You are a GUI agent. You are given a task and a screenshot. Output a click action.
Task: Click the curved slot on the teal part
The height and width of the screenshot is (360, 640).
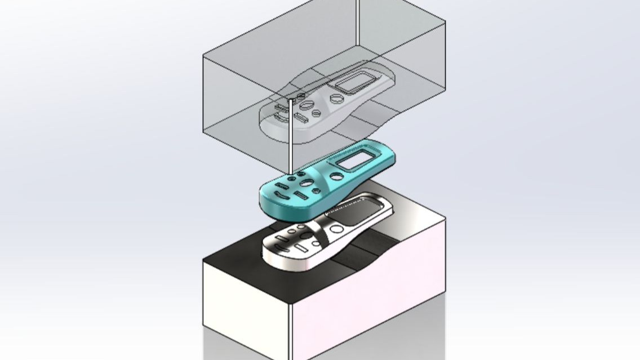coord(283,197)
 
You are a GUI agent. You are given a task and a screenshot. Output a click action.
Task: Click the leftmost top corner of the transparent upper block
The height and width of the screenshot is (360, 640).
coord(203,55)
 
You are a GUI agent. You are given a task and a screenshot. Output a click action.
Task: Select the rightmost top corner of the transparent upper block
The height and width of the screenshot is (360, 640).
coord(445,22)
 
